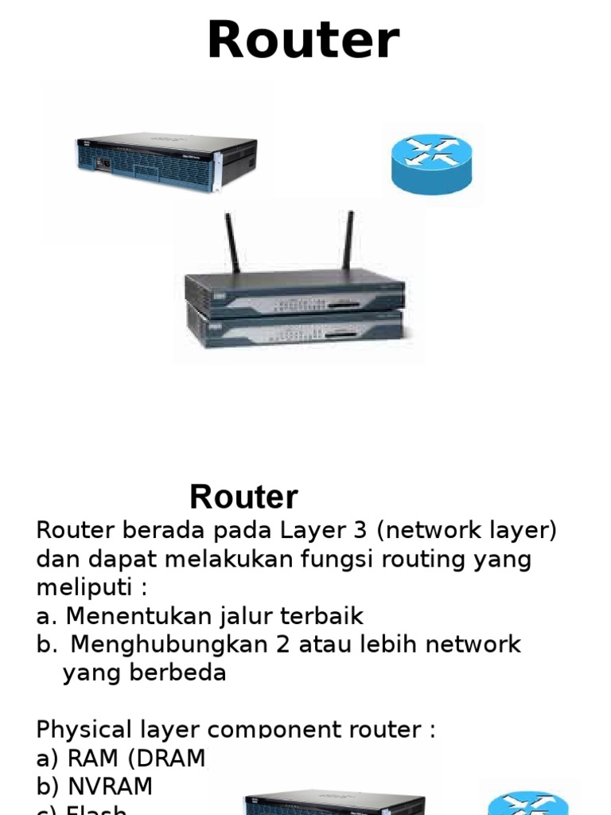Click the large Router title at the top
303,41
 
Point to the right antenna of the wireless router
348,240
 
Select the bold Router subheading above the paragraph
243,497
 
